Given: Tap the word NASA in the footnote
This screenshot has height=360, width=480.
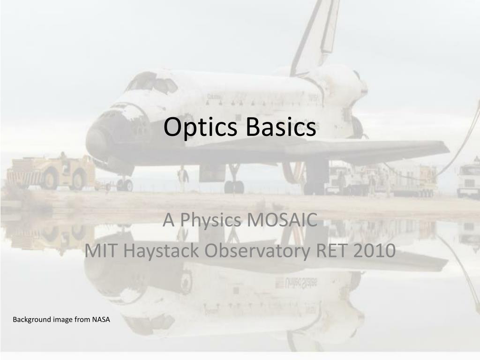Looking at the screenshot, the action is pos(101,319).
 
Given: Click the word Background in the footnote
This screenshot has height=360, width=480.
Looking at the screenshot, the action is pos(32,320).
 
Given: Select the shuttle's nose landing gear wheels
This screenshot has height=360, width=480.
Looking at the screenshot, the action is pos(125,185).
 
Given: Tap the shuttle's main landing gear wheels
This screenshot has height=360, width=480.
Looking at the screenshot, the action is pos(234,187).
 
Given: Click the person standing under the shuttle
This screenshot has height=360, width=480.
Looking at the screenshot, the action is pos(183,179).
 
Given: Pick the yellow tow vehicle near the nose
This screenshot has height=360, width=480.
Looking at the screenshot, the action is pos(51,173).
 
